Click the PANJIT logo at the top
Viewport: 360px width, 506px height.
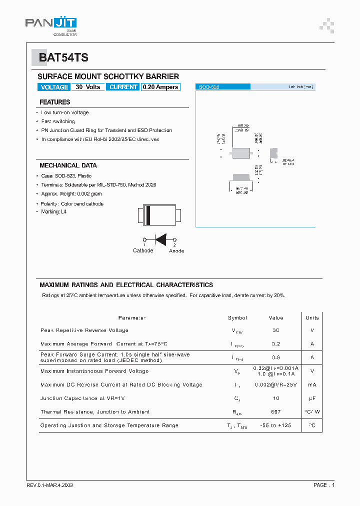(50, 24)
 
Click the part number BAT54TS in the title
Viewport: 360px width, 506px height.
(63, 57)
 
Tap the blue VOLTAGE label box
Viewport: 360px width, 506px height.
(54, 87)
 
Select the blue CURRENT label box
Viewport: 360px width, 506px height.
(123, 87)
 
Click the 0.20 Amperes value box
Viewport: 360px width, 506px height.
(160, 87)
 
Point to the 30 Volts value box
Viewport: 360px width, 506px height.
(88, 87)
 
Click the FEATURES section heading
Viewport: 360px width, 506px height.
(54, 102)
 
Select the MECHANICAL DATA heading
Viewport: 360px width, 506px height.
(68, 165)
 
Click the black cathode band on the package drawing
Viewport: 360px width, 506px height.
(148, 215)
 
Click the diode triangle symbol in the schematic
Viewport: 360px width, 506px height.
(160, 239)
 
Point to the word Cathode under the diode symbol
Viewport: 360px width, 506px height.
(143, 250)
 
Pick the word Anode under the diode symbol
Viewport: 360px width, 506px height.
(176, 250)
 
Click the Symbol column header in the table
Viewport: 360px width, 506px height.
(237, 317)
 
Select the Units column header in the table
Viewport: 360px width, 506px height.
(312, 317)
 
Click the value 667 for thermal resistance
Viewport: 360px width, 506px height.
(276, 412)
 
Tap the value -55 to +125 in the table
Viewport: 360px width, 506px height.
(276, 425)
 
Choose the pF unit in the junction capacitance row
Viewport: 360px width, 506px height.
(312, 398)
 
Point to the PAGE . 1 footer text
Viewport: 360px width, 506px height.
(323, 485)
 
